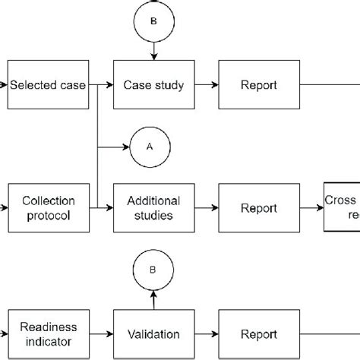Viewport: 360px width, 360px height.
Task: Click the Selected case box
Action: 46,85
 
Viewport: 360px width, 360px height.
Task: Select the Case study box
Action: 153,85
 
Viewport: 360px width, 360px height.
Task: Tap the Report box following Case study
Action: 258,85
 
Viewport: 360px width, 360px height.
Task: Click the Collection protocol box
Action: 48,208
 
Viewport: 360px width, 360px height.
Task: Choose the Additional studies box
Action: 153,208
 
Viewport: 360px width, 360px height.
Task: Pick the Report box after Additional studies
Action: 258,208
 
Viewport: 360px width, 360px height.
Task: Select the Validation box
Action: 153,333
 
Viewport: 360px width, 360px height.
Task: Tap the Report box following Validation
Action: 258,333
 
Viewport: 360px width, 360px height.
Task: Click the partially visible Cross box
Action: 343,207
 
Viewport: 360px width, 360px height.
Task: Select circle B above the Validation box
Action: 153,269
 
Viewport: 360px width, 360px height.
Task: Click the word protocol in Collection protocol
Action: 48,216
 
